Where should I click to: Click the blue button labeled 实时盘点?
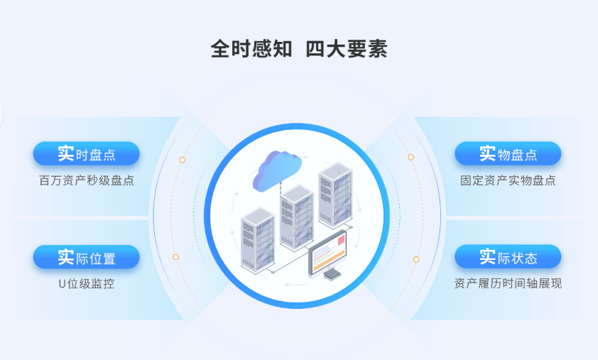pyautogui.click(x=86, y=153)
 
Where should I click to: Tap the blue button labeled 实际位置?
pyautogui.click(x=86, y=257)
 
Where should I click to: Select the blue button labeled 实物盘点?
pyautogui.click(x=508, y=153)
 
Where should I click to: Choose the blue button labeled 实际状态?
pyautogui.click(x=508, y=257)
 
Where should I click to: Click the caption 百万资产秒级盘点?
pyautogui.click(x=86, y=180)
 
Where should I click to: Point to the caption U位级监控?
pyautogui.click(x=86, y=284)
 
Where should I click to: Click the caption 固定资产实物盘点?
pyautogui.click(x=508, y=180)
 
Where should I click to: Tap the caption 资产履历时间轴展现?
pyautogui.click(x=508, y=284)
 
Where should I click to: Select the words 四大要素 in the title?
pyautogui.click(x=346, y=49)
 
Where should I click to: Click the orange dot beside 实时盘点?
pyautogui.click(x=183, y=160)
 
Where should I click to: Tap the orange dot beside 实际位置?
pyautogui.click(x=176, y=257)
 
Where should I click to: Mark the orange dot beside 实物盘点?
pyautogui.click(x=411, y=157)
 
